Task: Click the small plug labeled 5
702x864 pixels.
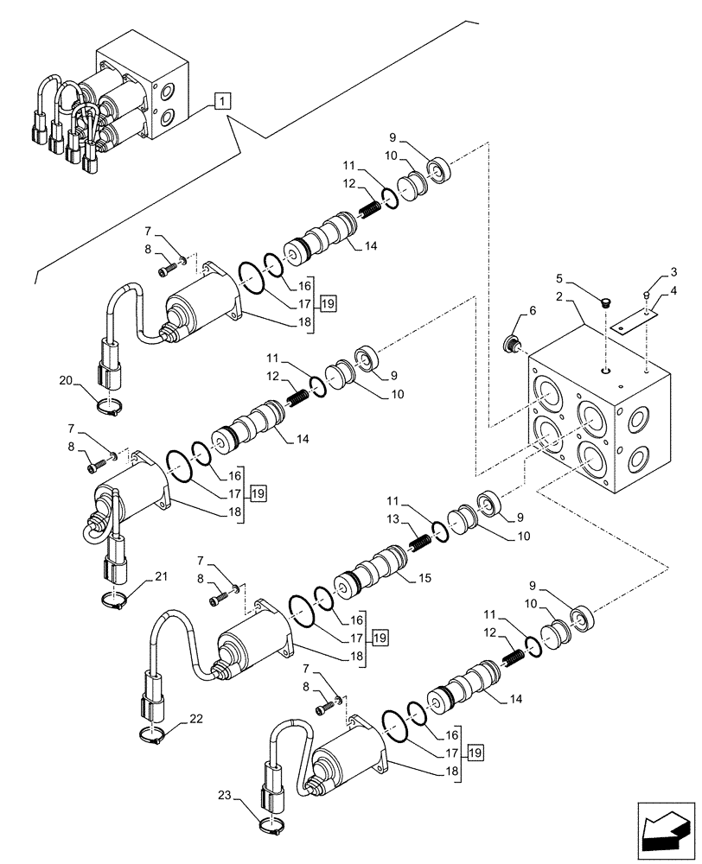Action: [x=605, y=302]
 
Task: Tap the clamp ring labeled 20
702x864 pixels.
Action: [x=108, y=408]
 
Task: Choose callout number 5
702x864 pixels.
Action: [x=559, y=278]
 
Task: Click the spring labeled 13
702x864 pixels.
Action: [x=421, y=542]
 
